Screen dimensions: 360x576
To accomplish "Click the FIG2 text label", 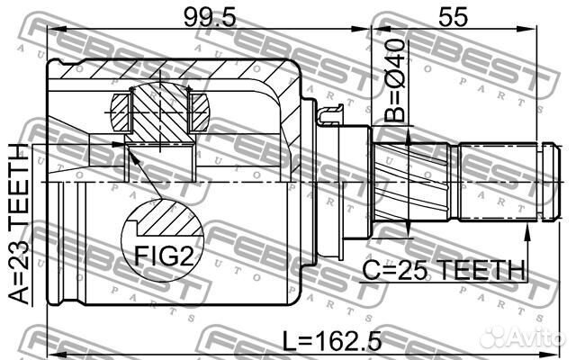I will click(163, 257).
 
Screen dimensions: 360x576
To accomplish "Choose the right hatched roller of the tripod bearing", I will click(200, 112).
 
